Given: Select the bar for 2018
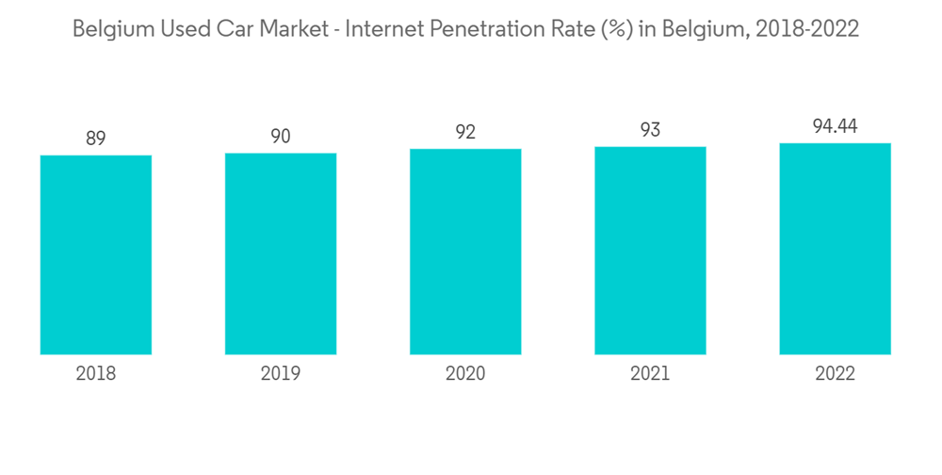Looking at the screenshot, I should [96, 254].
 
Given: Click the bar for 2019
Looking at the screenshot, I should [281, 254].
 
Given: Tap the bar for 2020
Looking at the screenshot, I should [465, 252].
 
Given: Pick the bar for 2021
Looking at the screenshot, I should [650, 251].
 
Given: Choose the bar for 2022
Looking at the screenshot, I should [835, 249].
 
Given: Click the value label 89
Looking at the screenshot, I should [96, 139].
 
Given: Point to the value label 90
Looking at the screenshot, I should [281, 137].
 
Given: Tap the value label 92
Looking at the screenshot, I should [465, 133].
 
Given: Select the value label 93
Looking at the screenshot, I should [650, 131].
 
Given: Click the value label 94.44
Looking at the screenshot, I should [835, 127].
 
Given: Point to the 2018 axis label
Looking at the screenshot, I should [96, 374].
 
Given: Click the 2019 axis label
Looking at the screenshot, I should [281, 374].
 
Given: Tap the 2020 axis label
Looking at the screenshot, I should [465, 374].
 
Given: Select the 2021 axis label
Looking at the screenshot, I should [650, 374].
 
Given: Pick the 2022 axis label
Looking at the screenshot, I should [835, 374].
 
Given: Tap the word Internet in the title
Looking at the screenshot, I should [384, 29].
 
